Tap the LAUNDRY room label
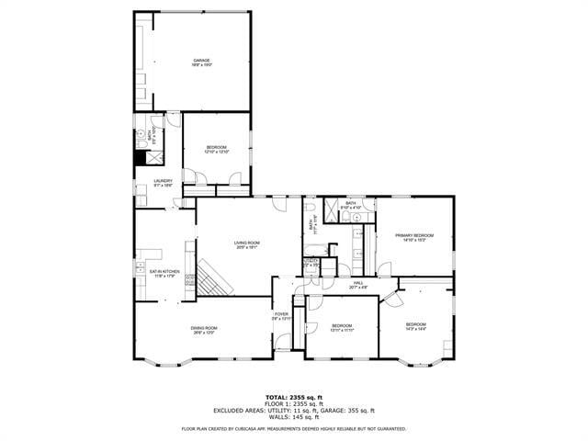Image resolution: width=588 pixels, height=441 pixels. [163, 183]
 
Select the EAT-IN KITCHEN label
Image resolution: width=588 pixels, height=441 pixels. [158, 273]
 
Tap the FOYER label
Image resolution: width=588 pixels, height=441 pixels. [281, 317]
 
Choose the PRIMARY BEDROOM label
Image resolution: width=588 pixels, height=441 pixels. [414, 237]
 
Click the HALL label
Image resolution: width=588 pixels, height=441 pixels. [357, 286]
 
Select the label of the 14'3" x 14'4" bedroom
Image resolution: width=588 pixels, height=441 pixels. [416, 325]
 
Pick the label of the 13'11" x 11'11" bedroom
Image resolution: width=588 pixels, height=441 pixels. [342, 327]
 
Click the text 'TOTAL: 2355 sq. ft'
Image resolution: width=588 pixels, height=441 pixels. [293, 396]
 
